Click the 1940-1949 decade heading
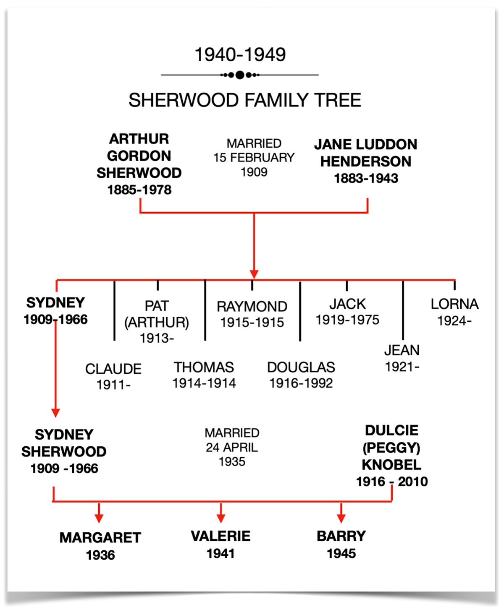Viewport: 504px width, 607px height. click(x=240, y=55)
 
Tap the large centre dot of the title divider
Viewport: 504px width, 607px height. click(x=240, y=75)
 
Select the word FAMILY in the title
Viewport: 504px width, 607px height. click(x=276, y=100)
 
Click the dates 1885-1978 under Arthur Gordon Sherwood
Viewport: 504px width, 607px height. click(x=139, y=190)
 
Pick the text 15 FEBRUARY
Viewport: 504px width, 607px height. click(x=254, y=158)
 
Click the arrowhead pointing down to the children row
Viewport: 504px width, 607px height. click(x=254, y=274)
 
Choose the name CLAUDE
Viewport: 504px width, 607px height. click(x=113, y=369)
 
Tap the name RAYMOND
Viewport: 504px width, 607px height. click(x=252, y=306)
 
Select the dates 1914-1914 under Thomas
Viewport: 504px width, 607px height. click(x=204, y=383)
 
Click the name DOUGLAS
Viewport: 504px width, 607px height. click(x=301, y=367)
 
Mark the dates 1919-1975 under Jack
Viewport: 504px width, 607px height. click(x=347, y=320)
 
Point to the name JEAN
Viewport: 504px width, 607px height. click(x=402, y=350)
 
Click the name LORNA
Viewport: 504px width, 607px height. click(x=454, y=304)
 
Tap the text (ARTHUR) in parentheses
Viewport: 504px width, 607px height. click(x=157, y=323)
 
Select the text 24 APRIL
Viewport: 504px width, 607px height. click(x=232, y=448)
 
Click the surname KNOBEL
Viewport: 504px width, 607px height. click(x=391, y=465)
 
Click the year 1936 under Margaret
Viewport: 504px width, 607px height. click(x=100, y=555)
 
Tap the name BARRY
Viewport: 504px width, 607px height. click(x=341, y=536)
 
